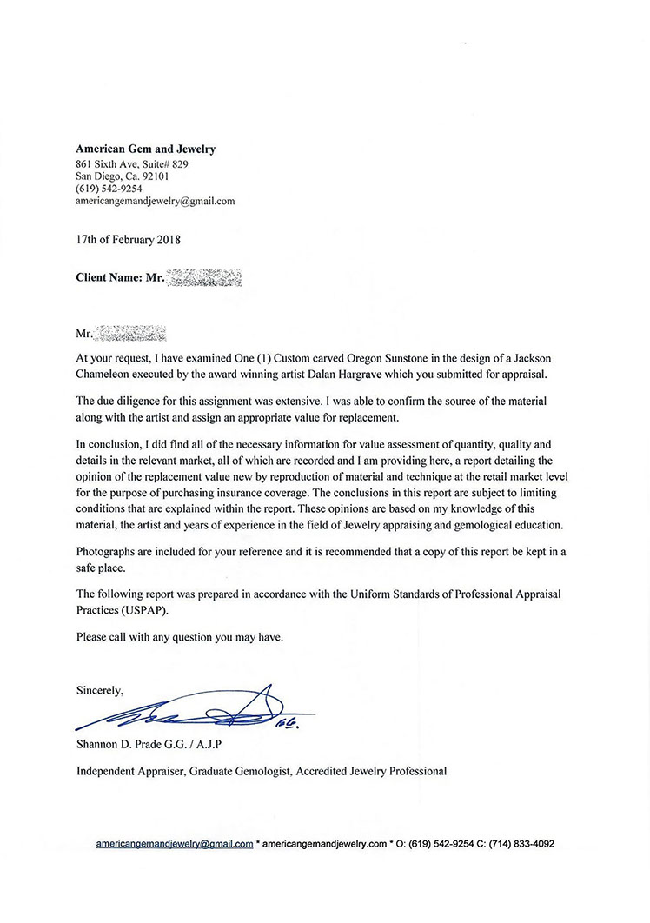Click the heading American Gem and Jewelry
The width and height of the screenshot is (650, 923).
(x=145, y=149)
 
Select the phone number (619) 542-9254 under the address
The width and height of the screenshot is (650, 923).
(x=109, y=188)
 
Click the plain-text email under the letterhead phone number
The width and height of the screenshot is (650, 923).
(x=155, y=201)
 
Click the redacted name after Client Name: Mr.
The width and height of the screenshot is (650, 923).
(x=202, y=279)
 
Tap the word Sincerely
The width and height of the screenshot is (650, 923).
(x=100, y=691)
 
